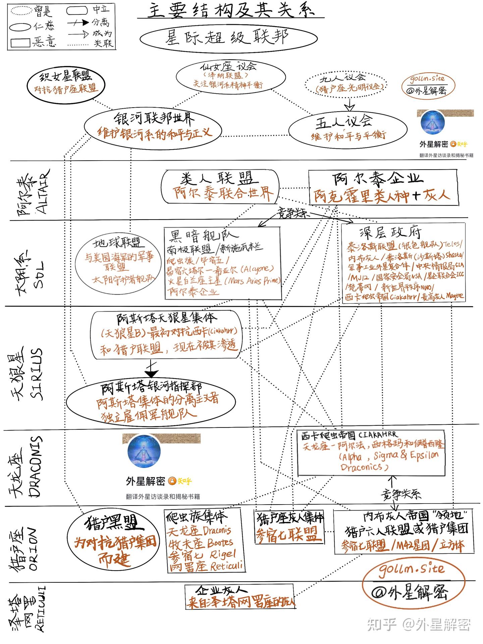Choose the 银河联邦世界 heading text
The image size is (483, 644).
pos(154,118)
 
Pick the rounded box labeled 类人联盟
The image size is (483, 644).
pos(220,186)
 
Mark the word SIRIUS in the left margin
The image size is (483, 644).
pos(37,373)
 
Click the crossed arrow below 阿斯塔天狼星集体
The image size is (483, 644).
pos(152,369)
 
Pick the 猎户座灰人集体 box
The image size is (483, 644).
pos(290,527)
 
